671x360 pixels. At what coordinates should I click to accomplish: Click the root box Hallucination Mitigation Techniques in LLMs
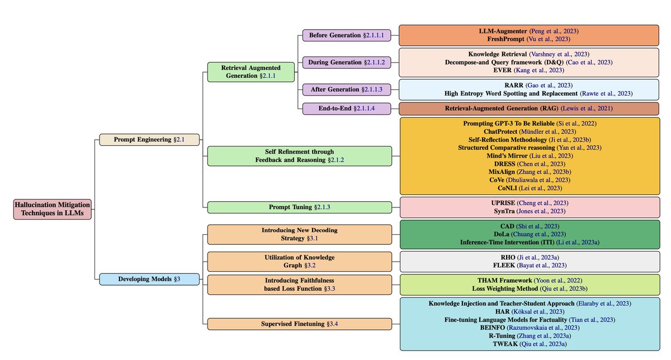[53, 209]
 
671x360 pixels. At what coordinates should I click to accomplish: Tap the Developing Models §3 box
[149, 279]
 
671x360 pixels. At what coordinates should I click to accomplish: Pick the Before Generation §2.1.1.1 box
[346, 35]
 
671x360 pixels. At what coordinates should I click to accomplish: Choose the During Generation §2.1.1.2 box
[346, 62]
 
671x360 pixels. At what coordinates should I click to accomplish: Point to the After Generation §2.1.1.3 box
[346, 89]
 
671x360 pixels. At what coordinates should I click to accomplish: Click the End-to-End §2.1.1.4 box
[346, 108]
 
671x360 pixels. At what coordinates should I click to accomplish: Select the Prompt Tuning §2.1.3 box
[300, 207]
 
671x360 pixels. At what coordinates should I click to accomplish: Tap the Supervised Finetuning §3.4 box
[300, 324]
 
